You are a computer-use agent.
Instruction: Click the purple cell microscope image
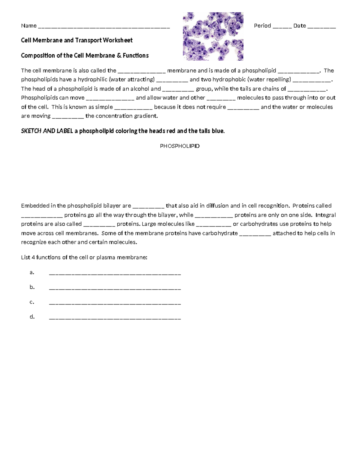213,36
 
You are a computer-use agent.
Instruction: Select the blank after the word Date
322,27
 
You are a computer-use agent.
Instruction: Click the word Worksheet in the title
118,40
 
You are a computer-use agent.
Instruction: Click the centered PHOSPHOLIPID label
180,146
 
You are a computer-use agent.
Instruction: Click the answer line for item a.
115,274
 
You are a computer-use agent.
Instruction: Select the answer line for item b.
115,288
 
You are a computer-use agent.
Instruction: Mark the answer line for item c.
115,303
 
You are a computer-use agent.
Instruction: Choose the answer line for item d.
115,318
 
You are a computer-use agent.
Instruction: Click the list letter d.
32,317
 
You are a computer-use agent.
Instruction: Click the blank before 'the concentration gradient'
68,117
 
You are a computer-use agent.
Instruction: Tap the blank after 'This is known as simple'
133,108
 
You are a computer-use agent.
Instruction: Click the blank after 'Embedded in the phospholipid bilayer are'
148,207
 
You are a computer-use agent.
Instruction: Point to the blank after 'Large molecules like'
214,225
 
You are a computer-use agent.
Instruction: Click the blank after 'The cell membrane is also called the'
142,72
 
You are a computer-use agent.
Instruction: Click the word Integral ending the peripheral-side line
325,215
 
